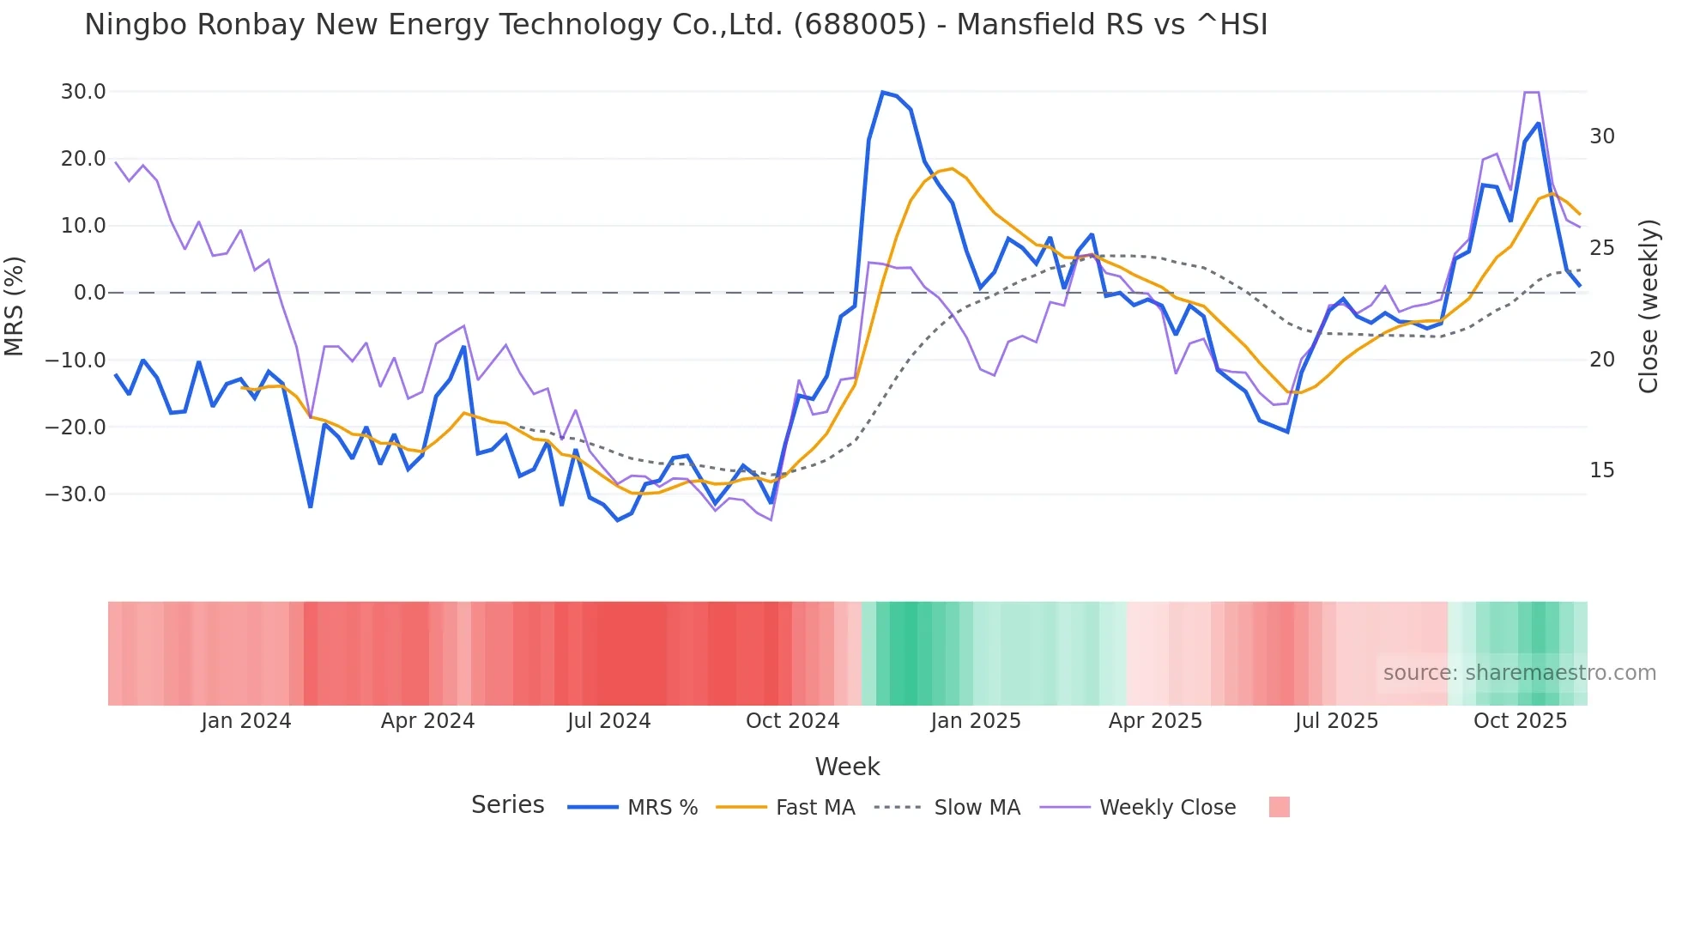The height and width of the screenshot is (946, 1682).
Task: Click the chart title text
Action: coord(675,25)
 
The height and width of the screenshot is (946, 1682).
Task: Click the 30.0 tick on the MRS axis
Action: coord(83,92)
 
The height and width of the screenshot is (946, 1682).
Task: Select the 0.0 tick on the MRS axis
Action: coord(90,293)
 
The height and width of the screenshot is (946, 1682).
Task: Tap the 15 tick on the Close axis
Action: coord(1601,470)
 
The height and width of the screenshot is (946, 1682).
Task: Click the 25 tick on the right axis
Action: coord(1601,248)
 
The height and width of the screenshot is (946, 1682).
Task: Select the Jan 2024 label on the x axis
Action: coord(246,721)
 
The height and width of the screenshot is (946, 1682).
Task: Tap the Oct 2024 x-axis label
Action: coord(792,721)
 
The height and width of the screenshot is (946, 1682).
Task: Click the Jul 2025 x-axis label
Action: coord(1336,721)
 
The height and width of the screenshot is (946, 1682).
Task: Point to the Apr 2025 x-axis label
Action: coord(1155,721)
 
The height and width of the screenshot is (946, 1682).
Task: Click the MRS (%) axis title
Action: coord(15,306)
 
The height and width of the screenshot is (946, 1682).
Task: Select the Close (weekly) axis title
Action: coord(1649,306)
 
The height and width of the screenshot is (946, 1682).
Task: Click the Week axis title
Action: coord(847,767)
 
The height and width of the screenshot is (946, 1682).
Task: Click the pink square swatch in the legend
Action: coord(1279,807)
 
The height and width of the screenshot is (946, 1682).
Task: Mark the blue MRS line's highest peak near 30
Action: coord(882,92)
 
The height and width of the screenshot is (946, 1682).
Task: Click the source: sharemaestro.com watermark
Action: coord(1519,673)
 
